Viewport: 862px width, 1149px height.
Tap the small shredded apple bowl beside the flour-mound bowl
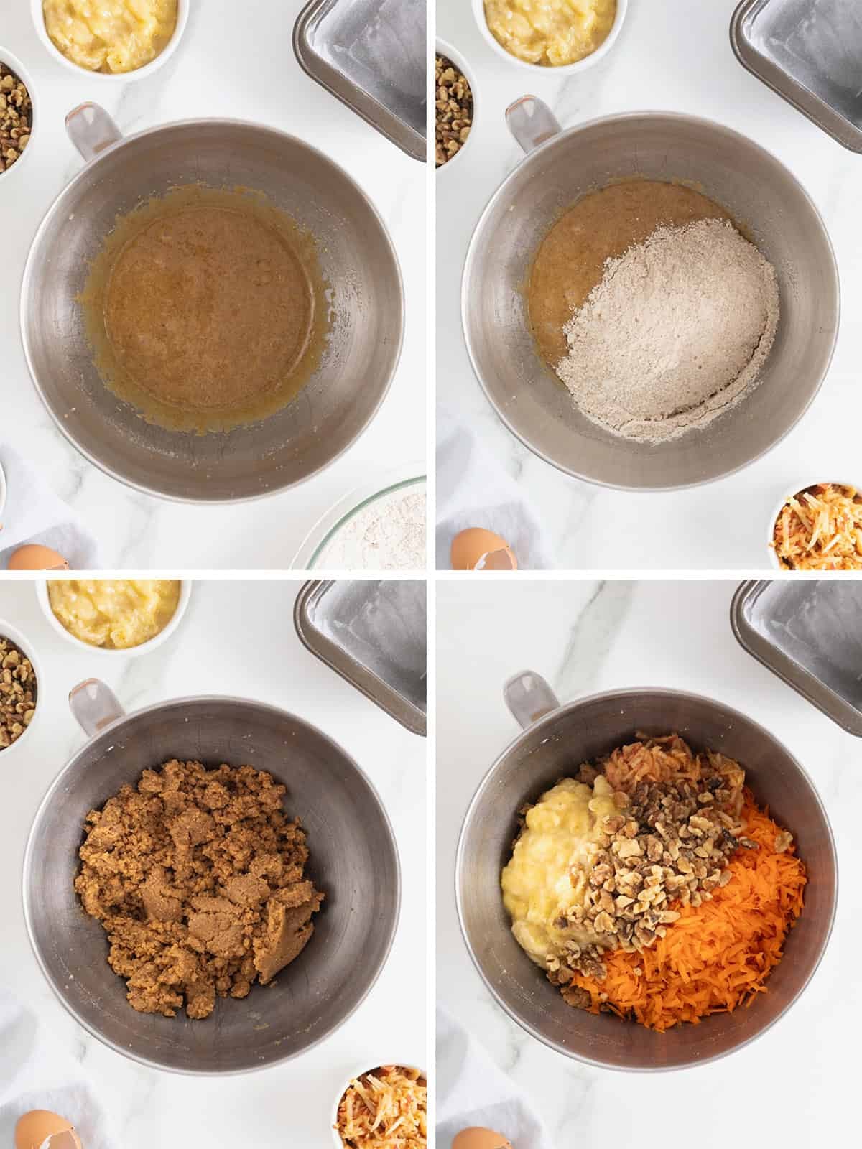click(x=819, y=528)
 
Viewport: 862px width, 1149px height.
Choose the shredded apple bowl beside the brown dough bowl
click(x=381, y=1110)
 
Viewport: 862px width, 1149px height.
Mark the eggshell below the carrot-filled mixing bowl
click(x=474, y=1135)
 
